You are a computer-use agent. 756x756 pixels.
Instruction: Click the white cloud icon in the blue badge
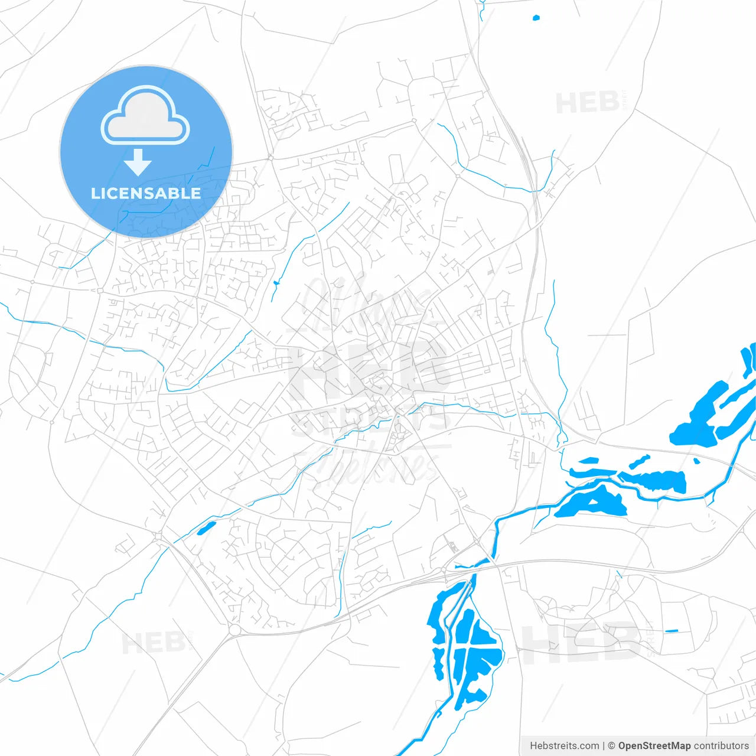(145, 116)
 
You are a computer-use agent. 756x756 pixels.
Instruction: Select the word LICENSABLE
(146, 193)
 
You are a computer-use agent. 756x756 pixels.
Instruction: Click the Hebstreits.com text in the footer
(564, 746)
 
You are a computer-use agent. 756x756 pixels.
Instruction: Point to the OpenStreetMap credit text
(654, 746)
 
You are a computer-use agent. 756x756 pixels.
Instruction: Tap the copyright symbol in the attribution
(611, 746)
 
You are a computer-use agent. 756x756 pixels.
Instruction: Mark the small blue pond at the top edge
(536, 18)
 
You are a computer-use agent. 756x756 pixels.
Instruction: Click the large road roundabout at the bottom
(234, 630)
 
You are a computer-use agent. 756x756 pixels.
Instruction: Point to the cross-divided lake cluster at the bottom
(470, 650)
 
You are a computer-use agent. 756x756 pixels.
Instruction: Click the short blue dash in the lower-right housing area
(671, 631)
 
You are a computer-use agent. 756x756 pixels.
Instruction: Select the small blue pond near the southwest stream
(206, 527)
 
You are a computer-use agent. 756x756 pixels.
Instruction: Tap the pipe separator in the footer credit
(603, 746)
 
